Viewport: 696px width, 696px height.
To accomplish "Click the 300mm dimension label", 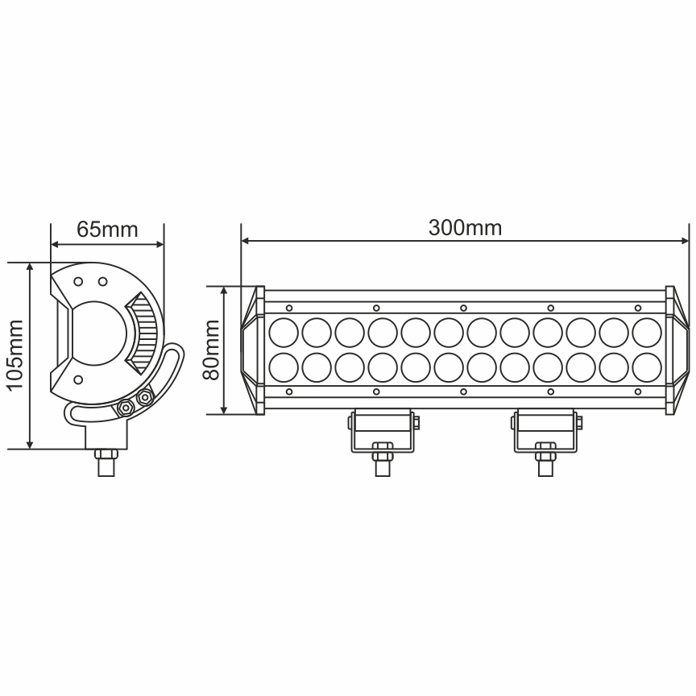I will (465, 228).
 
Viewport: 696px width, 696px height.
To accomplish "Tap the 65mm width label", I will (107, 230).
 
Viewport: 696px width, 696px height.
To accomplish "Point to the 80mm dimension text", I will (211, 350).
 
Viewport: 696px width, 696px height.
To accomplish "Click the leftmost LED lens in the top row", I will (284, 331).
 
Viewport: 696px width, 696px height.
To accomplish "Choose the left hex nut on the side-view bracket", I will (126, 408).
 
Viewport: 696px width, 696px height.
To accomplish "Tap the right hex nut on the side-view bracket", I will (145, 397).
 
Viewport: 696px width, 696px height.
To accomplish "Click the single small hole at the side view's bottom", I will (78, 379).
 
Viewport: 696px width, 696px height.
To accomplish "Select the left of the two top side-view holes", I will (78, 282).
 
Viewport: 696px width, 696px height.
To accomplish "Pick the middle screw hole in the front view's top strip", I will (463, 307).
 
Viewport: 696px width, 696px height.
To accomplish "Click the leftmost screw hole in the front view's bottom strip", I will (289, 392).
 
